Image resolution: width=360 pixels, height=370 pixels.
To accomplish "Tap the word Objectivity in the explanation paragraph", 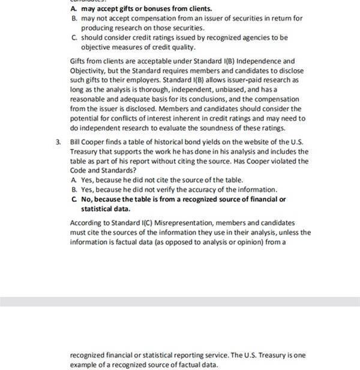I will coord(91,70).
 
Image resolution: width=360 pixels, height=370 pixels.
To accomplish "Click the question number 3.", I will coord(58,142).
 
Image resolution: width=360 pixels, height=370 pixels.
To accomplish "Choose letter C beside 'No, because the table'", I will coord(73,199).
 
